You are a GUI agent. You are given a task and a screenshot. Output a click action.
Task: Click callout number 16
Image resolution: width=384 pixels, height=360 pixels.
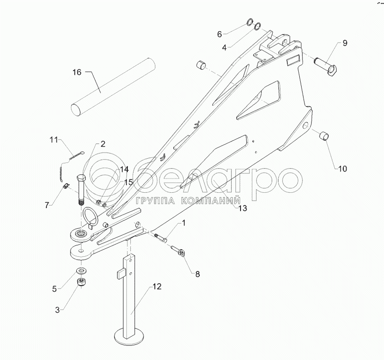77,72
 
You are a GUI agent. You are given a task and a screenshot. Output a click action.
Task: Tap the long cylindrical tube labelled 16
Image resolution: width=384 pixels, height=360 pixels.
114,86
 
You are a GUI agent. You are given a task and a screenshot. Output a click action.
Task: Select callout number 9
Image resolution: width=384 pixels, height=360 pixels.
345,43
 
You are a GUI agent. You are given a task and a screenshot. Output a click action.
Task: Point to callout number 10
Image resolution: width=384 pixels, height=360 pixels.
342,168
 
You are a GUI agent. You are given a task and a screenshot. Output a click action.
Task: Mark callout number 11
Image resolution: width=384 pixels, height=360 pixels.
54,139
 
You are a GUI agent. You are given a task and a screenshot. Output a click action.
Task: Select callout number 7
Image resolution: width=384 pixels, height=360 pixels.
47,205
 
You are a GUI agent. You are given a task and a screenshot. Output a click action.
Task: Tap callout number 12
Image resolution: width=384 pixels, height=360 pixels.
157,287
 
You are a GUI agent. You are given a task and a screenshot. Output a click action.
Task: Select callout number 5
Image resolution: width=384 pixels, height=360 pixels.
54,288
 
